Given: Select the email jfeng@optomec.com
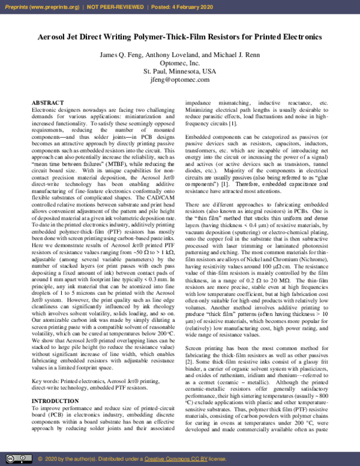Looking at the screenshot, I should point(180,79).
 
